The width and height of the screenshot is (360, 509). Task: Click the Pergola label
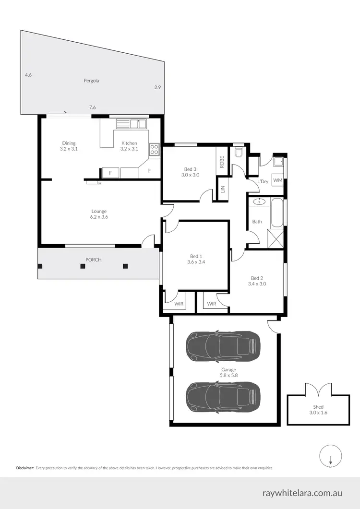tap(91, 81)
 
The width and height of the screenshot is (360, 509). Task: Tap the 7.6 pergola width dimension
tap(92, 108)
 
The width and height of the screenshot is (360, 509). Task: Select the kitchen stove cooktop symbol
tap(154, 149)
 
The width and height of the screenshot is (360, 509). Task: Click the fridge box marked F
tap(110, 172)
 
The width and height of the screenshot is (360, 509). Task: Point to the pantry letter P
tap(149, 171)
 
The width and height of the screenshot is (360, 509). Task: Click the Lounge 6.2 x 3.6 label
tap(99, 214)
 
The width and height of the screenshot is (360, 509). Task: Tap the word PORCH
tap(93, 260)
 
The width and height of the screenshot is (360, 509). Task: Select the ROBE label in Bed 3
tap(222, 162)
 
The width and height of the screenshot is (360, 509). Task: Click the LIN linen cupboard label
tap(222, 190)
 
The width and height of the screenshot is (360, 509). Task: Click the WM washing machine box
tap(277, 180)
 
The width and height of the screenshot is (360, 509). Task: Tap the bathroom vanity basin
tap(259, 202)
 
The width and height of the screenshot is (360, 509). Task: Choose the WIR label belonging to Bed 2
tap(212, 304)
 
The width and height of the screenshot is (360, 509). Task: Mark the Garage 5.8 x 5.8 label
tap(228, 373)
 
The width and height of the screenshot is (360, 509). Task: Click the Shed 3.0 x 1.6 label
tap(318, 410)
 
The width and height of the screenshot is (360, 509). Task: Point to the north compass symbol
tap(330, 456)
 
